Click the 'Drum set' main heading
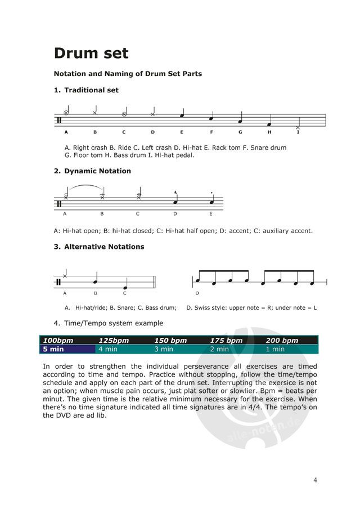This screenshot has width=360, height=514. [x=91, y=53]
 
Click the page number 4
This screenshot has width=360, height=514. [x=316, y=480]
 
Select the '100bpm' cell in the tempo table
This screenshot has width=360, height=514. [x=58, y=341]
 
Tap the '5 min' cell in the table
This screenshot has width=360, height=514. [x=54, y=349]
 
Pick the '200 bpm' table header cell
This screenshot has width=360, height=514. [x=282, y=341]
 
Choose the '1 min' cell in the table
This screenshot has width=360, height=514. [x=275, y=349]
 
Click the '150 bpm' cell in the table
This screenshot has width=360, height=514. [x=170, y=341]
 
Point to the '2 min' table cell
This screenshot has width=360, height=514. [x=219, y=349]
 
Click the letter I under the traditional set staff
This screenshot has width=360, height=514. [x=298, y=132]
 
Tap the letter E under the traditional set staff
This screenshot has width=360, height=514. [x=182, y=132]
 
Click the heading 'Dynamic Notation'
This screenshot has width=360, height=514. [x=97, y=171]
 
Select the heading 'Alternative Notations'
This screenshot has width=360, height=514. [x=104, y=247]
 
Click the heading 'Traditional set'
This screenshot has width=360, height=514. [x=91, y=90]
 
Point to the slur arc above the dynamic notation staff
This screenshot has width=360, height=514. [x=84, y=186]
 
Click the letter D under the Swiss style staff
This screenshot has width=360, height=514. [x=197, y=293]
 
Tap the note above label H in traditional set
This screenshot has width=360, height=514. [x=269, y=124]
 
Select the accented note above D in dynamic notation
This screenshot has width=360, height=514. [x=175, y=201]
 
